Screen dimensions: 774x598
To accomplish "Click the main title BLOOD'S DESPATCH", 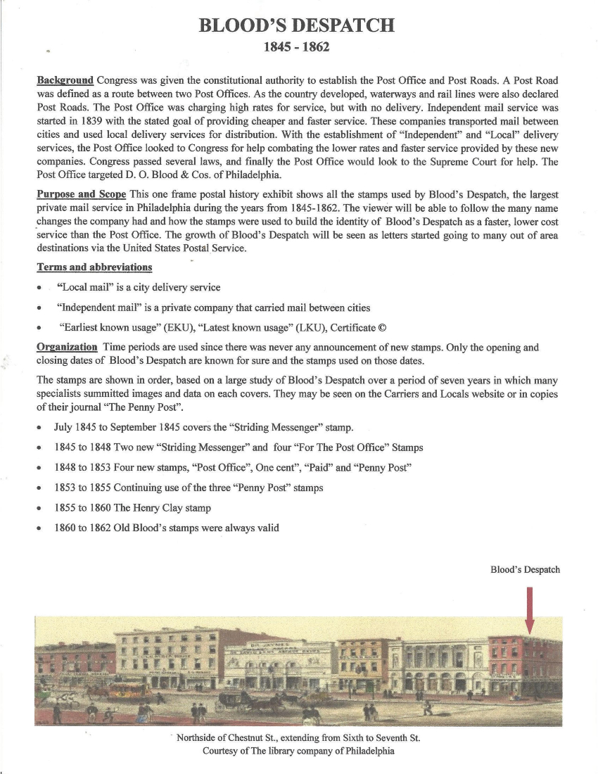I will [296, 26].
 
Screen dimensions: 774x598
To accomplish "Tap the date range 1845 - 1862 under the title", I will [296, 48].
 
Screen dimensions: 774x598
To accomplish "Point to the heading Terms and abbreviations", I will [94, 267].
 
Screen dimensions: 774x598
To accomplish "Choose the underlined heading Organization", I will [67, 347].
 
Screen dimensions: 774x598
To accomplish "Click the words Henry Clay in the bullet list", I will [157, 507].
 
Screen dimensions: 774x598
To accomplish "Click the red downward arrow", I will [529, 609].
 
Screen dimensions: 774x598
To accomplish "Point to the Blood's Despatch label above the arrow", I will [525, 569].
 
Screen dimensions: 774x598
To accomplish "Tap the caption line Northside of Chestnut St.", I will [298, 738].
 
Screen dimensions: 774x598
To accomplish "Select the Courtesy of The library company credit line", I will [298, 751].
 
